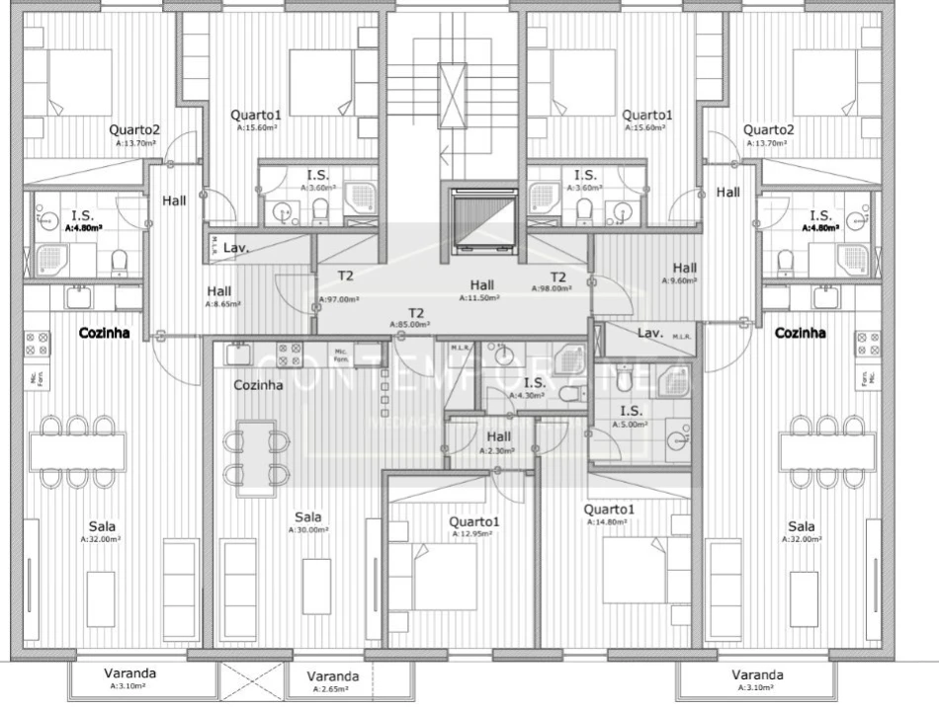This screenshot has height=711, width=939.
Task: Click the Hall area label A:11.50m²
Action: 481,297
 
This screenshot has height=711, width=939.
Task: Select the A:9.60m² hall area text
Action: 680,280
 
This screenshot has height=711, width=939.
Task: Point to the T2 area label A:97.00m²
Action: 339,299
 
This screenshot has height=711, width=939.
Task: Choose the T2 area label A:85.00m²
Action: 410,324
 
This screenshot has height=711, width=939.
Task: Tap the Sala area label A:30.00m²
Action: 307,530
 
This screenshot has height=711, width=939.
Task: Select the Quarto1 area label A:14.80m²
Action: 608,522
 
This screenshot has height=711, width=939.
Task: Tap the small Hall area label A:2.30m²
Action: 498,450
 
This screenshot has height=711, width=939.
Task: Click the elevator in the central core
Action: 483,220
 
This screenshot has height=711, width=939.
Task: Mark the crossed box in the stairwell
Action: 452,96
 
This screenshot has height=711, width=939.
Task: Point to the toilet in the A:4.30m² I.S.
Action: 570,395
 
